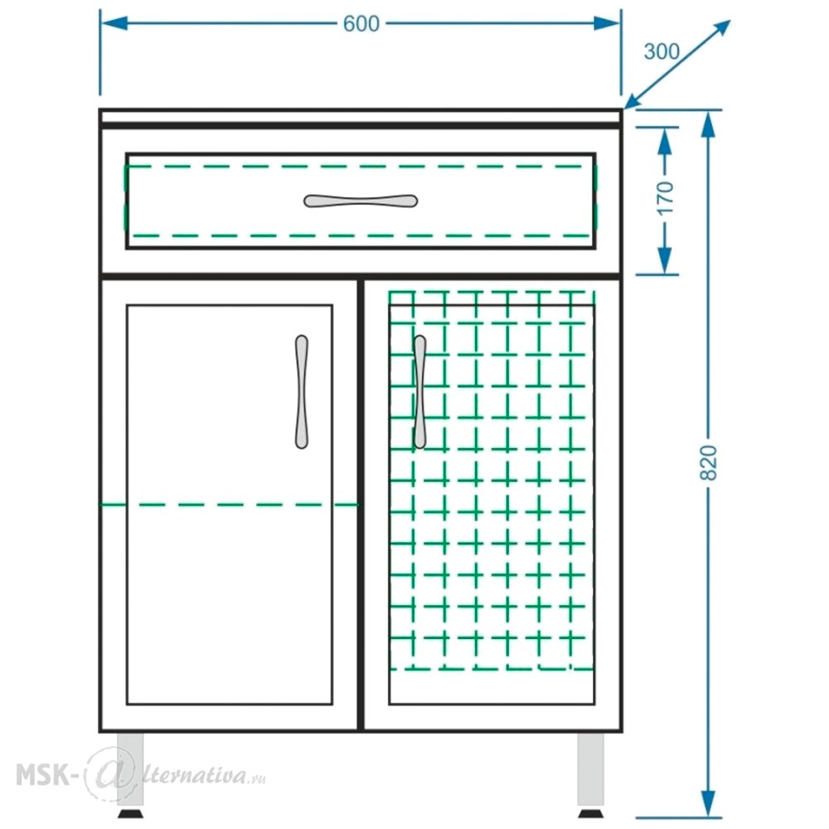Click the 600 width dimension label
tap(361, 24)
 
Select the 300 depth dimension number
tap(662, 51)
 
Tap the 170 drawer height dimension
tap(666, 198)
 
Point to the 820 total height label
tap(709, 463)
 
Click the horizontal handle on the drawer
tap(361, 201)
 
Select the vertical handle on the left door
tap(302, 392)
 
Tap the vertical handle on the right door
tap(419, 392)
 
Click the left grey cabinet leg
tap(130, 769)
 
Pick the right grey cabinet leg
tap(590, 769)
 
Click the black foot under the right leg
tap(590, 813)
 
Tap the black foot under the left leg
tap(130, 813)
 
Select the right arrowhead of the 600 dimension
tap(607, 23)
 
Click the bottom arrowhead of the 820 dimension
tap(708, 804)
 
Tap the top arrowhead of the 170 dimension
tap(665, 141)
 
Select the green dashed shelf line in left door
tap(229, 505)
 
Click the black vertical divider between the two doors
tap(361, 504)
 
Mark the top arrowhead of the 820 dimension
tap(708, 124)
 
